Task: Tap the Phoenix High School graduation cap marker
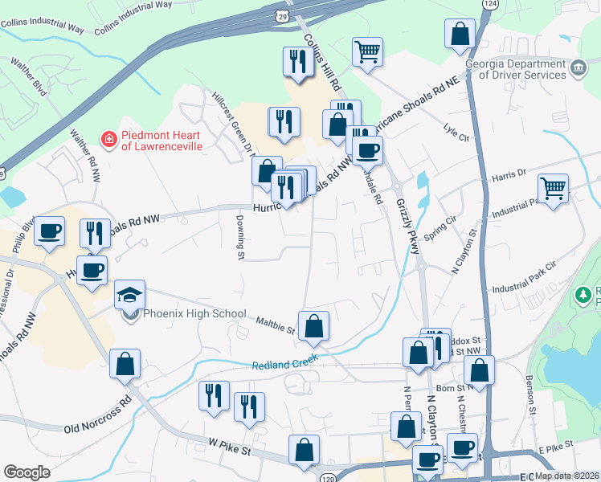129,295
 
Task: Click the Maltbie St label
276,324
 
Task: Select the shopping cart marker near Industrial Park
553,190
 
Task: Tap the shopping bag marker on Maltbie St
314,325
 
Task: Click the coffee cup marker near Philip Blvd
49,231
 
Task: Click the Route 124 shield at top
489,4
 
